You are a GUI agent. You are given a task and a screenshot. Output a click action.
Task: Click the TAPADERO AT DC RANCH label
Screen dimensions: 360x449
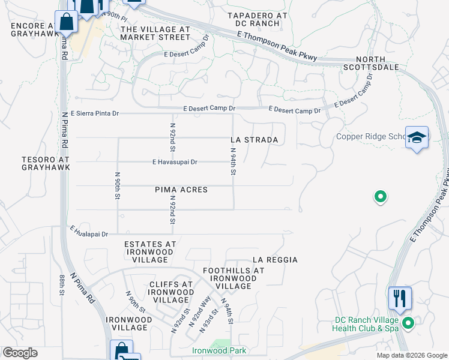tap(258, 19)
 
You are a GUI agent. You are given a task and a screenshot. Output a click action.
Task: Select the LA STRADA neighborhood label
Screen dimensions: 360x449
tap(255, 140)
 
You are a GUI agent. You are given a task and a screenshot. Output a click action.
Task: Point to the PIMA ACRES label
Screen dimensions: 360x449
tap(181, 190)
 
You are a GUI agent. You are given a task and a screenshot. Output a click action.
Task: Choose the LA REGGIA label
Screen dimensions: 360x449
tap(275, 260)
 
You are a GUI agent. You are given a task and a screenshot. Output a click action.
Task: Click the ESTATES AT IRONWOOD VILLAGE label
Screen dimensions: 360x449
tap(150, 252)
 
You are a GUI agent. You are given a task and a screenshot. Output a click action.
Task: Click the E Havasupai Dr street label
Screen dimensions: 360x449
tap(175, 162)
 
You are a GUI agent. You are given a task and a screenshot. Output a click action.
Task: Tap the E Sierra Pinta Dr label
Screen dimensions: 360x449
tap(95, 113)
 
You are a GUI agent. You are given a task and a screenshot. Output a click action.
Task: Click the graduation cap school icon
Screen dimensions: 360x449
tap(416, 138)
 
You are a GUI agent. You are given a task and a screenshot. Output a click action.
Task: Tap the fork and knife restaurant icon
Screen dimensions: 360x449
tap(400, 298)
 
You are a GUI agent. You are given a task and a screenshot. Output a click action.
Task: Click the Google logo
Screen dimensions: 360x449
tap(20, 353)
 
